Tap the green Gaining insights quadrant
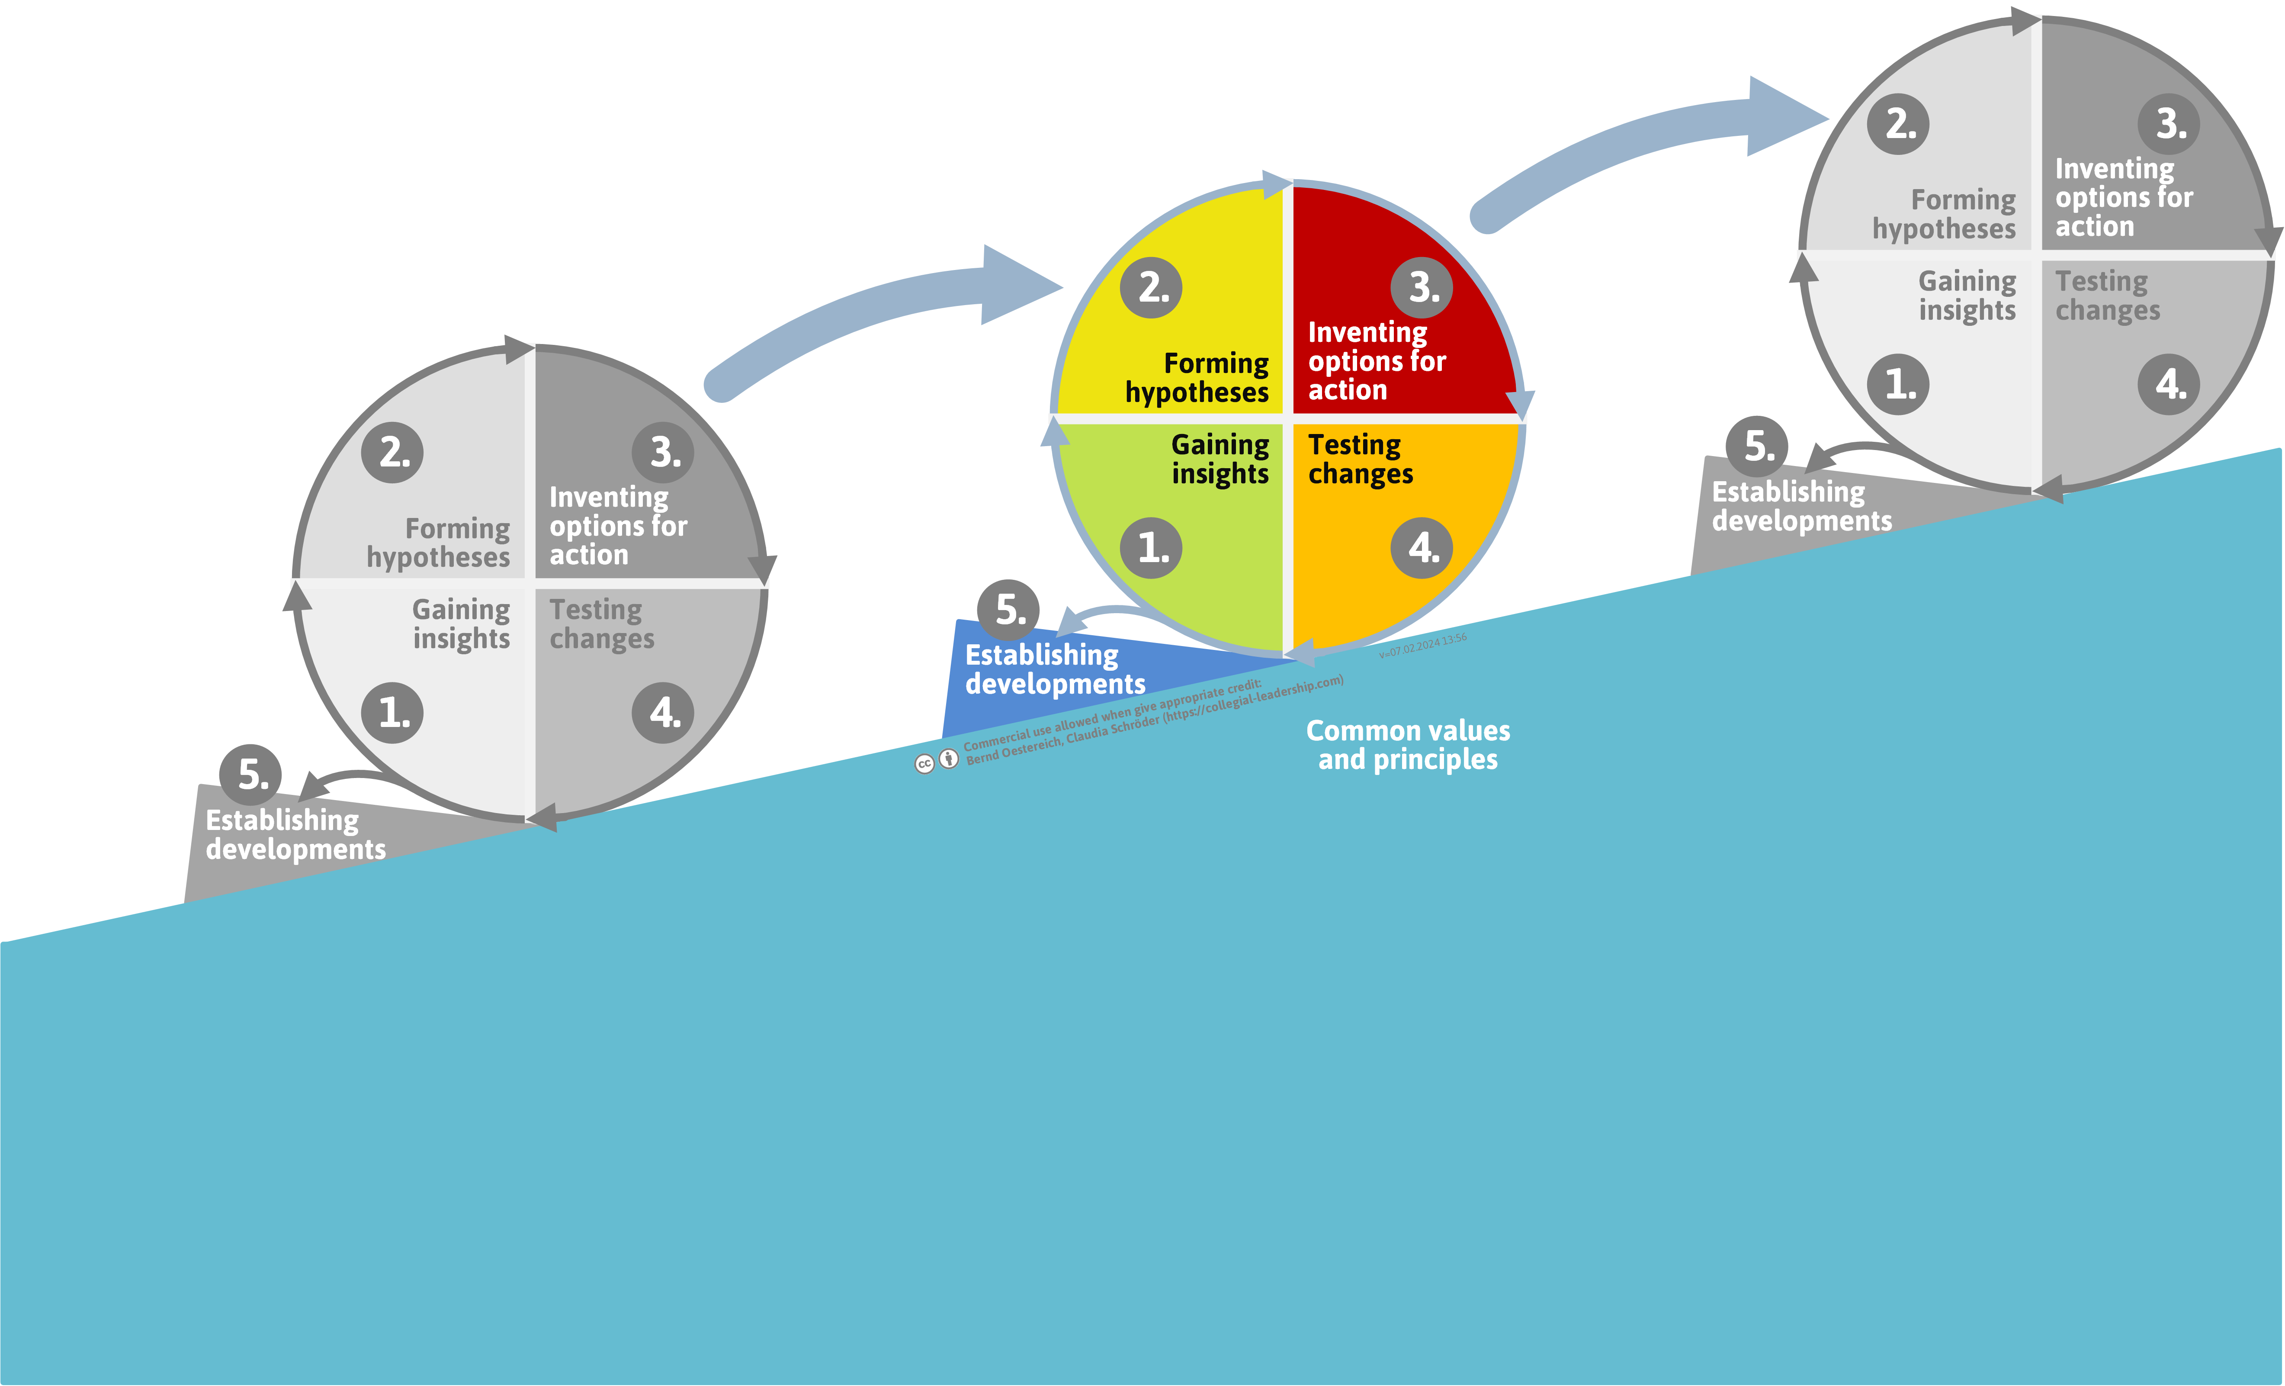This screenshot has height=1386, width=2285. point(1196,520)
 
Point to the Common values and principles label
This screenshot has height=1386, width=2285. point(1408,745)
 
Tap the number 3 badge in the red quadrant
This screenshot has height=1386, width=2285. point(1422,288)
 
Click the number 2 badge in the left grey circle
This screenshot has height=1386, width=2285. point(392,453)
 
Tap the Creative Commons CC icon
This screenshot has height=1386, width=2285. point(924,763)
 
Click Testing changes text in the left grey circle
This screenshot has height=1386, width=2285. point(601,624)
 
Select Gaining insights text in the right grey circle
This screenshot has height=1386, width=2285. point(1967,295)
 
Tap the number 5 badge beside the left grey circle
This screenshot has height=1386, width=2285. point(250,775)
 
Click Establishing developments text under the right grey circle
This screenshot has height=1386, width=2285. point(1801,507)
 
